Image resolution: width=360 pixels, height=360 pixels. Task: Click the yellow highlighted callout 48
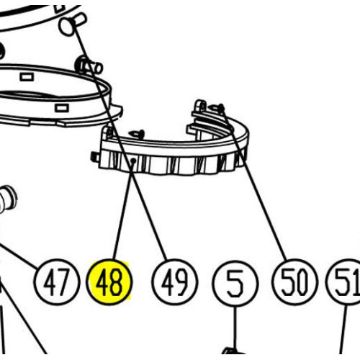point(109,282)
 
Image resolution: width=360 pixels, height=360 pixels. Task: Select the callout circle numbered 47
point(57,282)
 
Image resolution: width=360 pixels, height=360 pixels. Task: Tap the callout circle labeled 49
point(175,282)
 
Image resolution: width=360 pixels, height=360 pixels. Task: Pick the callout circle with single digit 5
point(235,283)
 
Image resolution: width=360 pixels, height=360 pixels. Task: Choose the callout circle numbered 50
point(295,282)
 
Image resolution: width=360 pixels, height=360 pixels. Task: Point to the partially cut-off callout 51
point(343,282)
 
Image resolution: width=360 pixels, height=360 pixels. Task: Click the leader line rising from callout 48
point(123,210)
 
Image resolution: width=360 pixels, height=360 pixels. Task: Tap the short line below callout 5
point(235,327)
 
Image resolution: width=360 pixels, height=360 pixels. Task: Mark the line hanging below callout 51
point(343,329)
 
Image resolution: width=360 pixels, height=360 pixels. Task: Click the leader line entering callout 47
point(19,256)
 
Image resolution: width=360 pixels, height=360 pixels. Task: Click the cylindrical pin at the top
point(71,23)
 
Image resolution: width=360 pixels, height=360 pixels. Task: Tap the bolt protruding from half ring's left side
point(95,157)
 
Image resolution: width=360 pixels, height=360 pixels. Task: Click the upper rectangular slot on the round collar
point(27,77)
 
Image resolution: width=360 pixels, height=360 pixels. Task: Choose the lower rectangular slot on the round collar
point(62,108)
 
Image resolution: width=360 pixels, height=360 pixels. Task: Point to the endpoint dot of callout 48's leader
point(134,161)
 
